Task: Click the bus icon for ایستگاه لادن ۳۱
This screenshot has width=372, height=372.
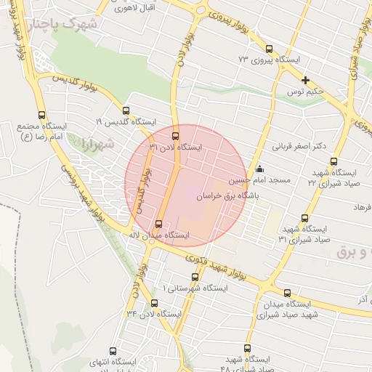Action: [x=175, y=135]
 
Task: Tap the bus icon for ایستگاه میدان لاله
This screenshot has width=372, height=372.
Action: [x=159, y=224]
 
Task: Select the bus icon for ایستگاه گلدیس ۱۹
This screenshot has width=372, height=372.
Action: [x=126, y=111]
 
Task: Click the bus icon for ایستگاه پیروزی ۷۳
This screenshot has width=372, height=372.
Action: [x=245, y=59]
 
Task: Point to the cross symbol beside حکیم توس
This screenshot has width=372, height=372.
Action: [x=306, y=80]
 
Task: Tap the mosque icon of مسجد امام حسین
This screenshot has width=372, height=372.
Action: [x=260, y=169]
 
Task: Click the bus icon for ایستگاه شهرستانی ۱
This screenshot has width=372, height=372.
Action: [x=194, y=277]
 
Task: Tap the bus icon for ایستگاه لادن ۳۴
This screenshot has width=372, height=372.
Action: [x=154, y=303]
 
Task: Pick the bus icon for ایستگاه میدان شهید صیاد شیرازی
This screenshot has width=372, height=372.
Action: [x=287, y=293]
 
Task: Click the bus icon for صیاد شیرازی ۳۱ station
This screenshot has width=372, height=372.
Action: [x=304, y=217]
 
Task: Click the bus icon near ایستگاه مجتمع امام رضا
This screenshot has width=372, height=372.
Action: [x=40, y=115]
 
